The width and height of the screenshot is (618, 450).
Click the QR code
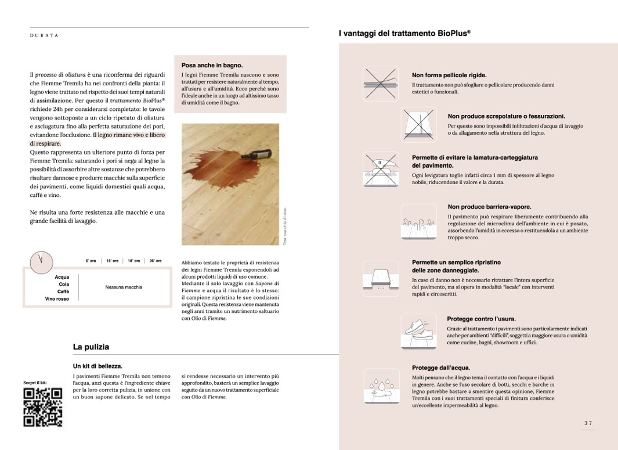(x=42, y=407)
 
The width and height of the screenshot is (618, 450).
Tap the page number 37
(x=588, y=423)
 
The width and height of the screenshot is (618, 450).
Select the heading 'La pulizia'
(x=91, y=347)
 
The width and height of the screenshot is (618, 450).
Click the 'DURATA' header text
(x=44, y=36)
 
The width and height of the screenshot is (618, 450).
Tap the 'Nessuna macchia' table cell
(x=124, y=287)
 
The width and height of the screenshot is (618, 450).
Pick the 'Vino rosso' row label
(x=57, y=298)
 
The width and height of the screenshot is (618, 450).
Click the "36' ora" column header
(x=155, y=261)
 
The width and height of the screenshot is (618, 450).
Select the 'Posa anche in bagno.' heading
(x=212, y=65)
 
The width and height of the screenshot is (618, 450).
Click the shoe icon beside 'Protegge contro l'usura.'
(x=418, y=332)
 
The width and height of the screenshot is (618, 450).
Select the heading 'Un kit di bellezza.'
(x=97, y=366)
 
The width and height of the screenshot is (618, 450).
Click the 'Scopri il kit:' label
(x=34, y=383)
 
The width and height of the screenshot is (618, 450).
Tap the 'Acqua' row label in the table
(x=62, y=278)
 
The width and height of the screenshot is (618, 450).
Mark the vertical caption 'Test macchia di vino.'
(x=285, y=226)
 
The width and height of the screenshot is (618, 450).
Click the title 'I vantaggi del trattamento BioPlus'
(x=404, y=34)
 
